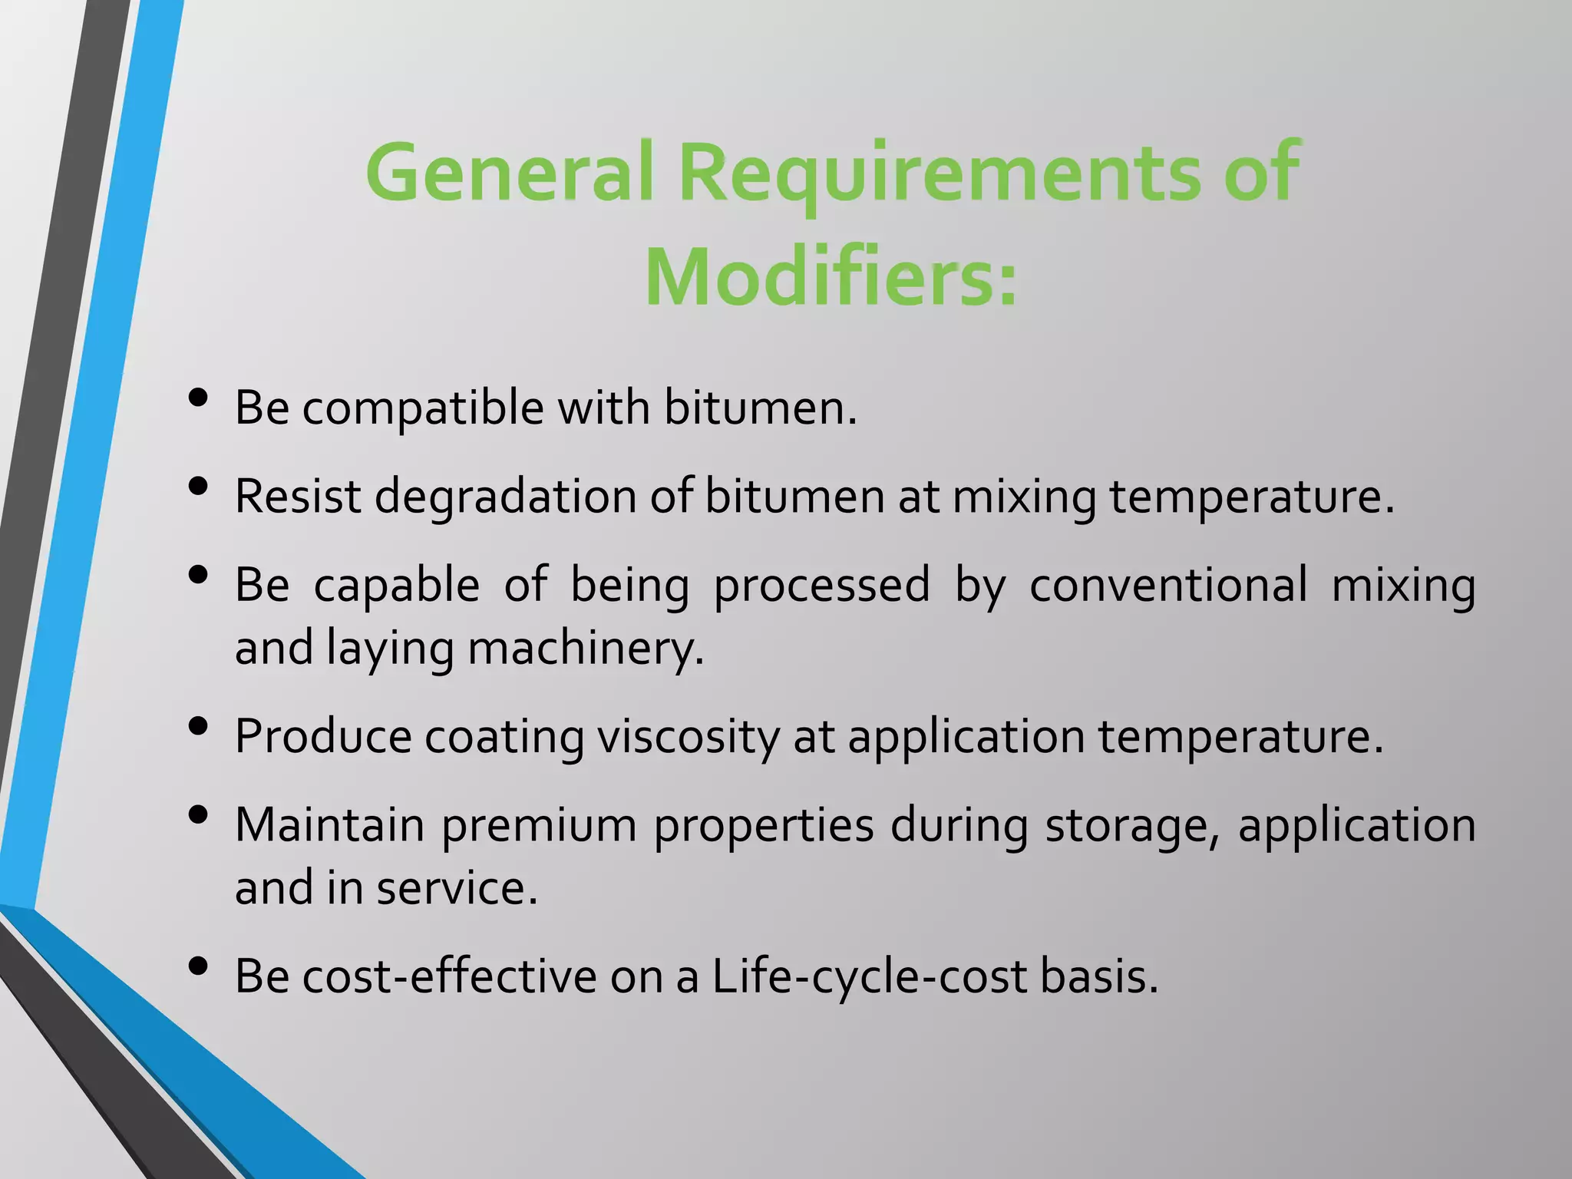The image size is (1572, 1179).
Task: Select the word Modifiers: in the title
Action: [831, 278]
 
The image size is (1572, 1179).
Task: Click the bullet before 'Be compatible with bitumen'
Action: [198, 398]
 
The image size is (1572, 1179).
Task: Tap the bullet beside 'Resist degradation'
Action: [198, 487]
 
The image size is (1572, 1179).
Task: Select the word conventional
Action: [1167, 585]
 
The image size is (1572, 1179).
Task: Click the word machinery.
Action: [586, 648]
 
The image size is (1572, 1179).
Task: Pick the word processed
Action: [821, 585]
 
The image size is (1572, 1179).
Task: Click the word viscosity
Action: [689, 737]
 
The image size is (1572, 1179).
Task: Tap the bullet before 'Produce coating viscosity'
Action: [198, 726]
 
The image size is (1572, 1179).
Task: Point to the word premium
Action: [539, 826]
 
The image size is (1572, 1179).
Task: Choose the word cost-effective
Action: [449, 976]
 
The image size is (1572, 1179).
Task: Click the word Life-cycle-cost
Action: [870, 976]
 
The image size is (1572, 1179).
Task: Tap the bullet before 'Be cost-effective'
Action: [198, 967]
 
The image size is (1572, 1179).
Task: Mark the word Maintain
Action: [329, 826]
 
